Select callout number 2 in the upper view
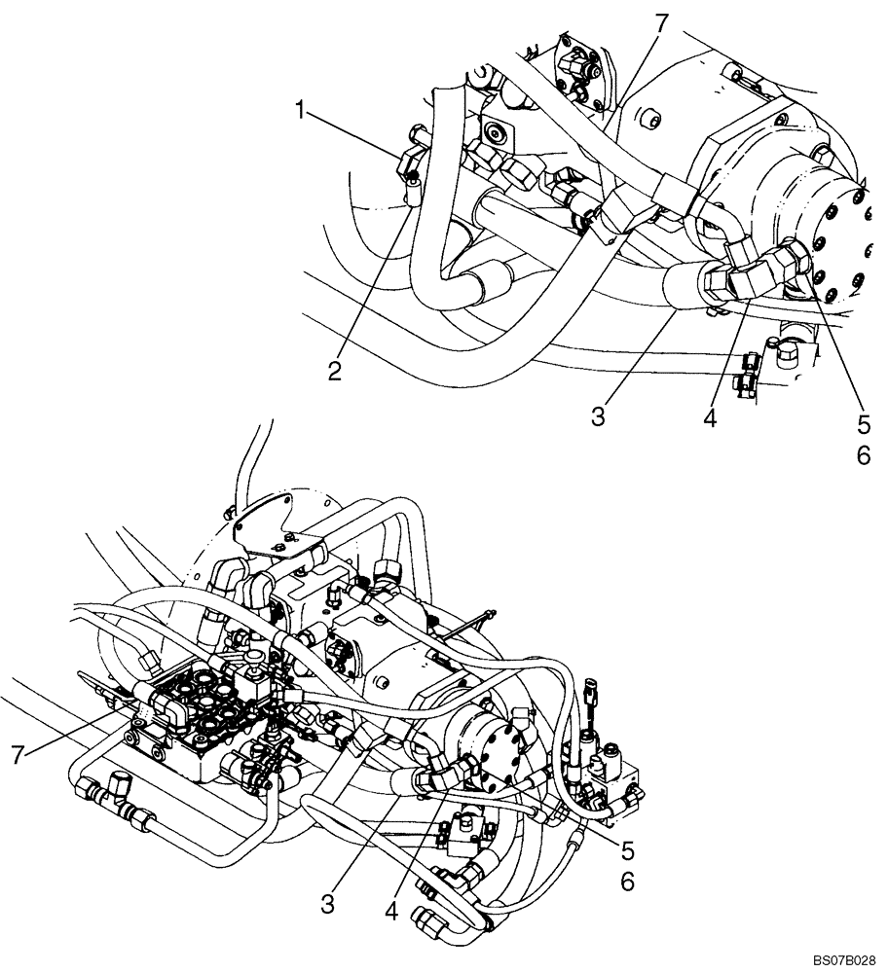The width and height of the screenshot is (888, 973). coord(334,371)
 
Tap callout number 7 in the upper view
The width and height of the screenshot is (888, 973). coord(661,24)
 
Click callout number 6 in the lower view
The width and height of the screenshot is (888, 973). coord(627,882)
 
